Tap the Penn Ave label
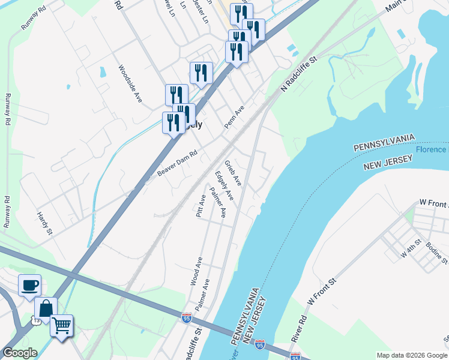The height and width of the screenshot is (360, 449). [x=235, y=116]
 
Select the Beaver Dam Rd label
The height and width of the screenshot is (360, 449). [x=177, y=163]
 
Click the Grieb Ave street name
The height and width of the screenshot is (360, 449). [x=233, y=172]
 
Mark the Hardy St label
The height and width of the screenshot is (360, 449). [x=44, y=222]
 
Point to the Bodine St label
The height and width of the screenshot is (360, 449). [x=437, y=253]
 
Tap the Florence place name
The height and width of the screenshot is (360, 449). [x=431, y=149]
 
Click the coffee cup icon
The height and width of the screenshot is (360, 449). [x=29, y=286]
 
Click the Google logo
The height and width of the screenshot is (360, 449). [x=20, y=353]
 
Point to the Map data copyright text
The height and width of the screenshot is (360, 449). [x=411, y=355]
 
